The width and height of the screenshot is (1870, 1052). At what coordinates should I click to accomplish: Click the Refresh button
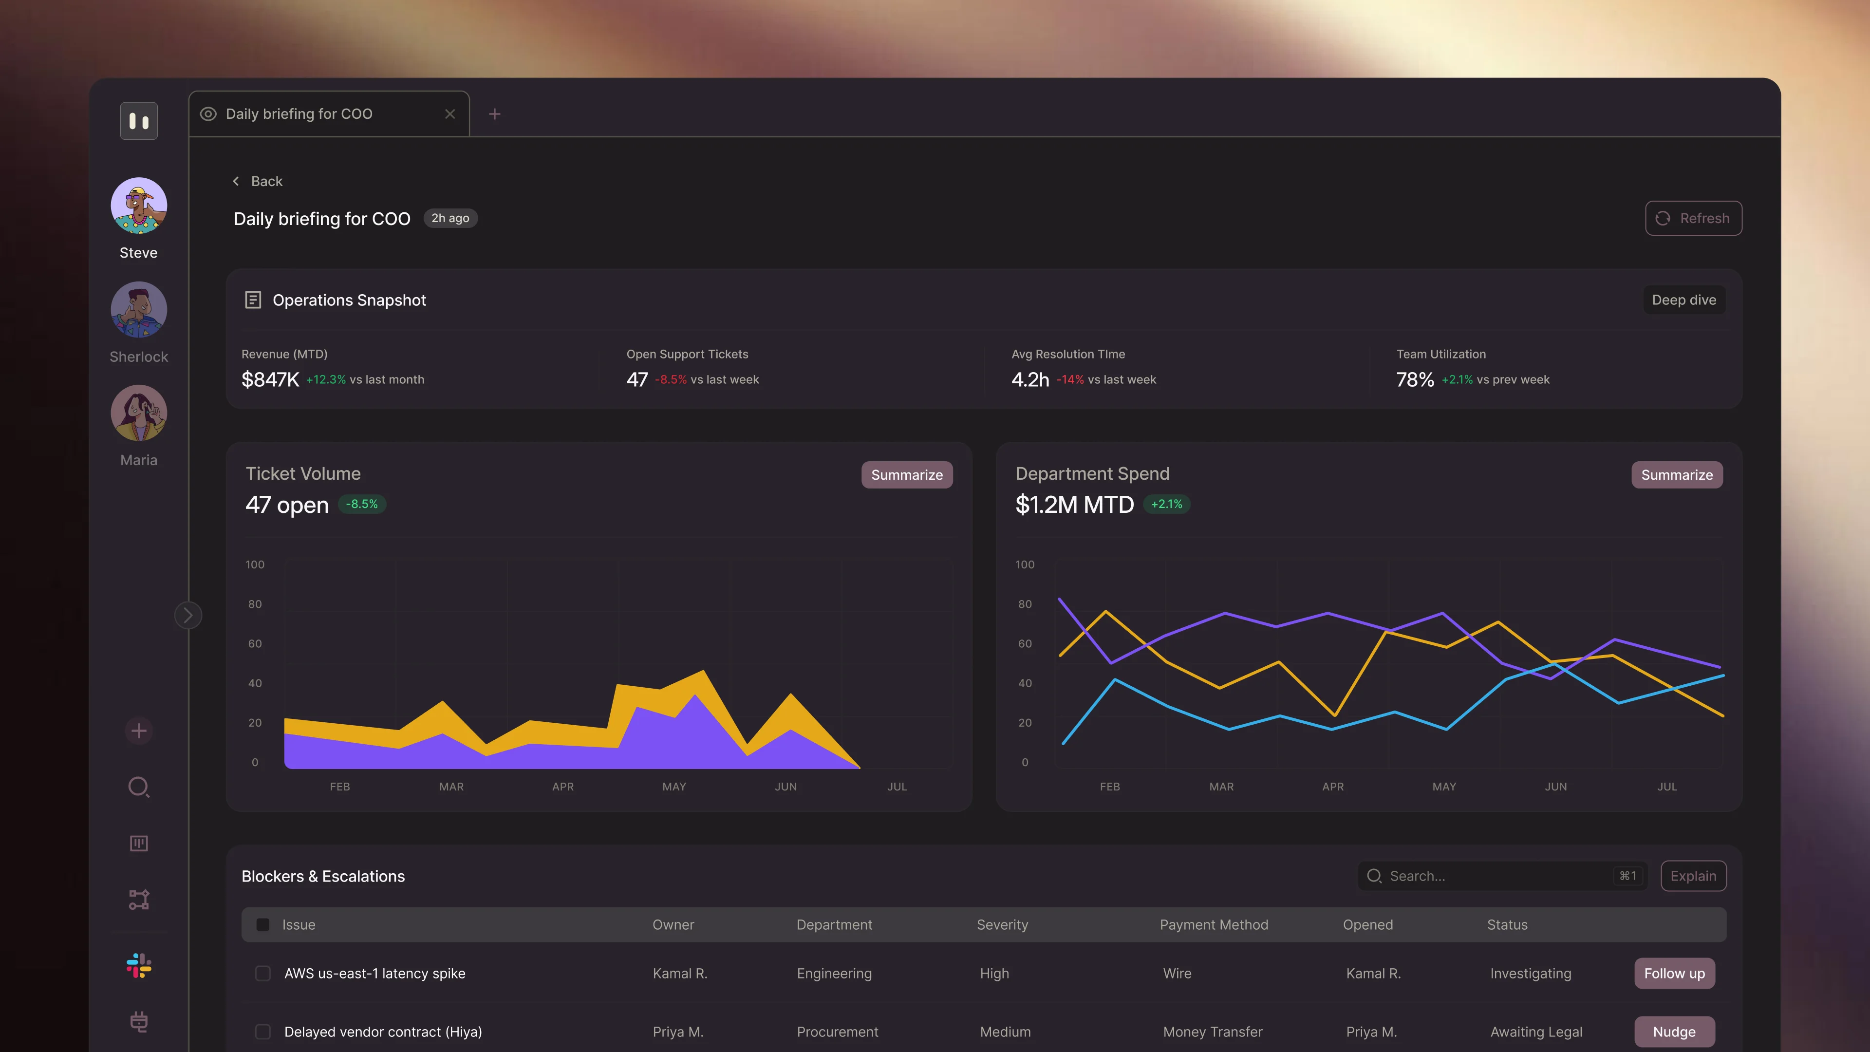[x=1693, y=219]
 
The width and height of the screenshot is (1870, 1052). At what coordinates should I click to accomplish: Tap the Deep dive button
[x=1683, y=300]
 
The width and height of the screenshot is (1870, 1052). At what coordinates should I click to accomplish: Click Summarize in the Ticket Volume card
[x=907, y=475]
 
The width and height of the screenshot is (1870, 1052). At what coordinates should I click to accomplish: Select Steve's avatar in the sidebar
[x=139, y=206]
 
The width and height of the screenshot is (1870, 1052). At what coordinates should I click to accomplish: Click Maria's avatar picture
[x=139, y=413]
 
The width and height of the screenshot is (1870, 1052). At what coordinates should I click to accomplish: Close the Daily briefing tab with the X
[x=450, y=114]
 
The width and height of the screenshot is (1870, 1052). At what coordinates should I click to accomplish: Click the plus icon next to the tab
[x=494, y=114]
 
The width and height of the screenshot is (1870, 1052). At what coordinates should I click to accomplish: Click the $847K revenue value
[x=270, y=380]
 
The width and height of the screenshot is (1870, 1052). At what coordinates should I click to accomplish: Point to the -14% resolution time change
[x=1070, y=380]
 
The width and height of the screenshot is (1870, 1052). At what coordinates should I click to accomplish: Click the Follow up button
[x=1674, y=974]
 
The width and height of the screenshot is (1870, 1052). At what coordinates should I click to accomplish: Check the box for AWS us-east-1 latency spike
[x=263, y=974]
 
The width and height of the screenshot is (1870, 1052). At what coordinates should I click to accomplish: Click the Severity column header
[x=1002, y=925]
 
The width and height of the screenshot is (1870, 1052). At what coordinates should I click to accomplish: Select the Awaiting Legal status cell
[x=1536, y=1032]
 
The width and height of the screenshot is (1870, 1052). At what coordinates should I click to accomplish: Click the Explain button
[x=1693, y=876]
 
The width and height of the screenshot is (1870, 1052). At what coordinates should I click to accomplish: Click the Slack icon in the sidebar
[x=139, y=966]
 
